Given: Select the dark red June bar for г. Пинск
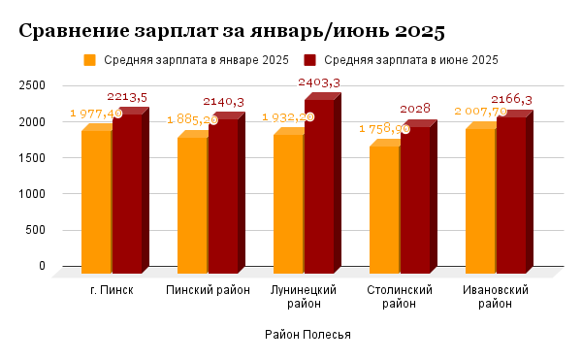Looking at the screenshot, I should pyautogui.click(x=127, y=194).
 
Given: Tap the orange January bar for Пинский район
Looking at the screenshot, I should pyautogui.click(x=192, y=206).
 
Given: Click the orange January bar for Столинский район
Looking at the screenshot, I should pyautogui.click(x=384, y=210).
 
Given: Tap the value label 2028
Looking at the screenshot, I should pyautogui.click(x=415, y=108).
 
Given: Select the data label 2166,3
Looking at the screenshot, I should pyautogui.click(x=512, y=100).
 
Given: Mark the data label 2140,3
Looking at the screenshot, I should pyautogui.click(x=223, y=102).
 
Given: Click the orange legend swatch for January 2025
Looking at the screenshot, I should pyautogui.click(x=90, y=60).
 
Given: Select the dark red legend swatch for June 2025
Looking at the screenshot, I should pyautogui.click(x=310, y=60).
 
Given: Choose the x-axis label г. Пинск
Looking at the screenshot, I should pyautogui.click(x=112, y=290).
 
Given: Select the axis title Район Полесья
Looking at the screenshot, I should pyautogui.click(x=307, y=335).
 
